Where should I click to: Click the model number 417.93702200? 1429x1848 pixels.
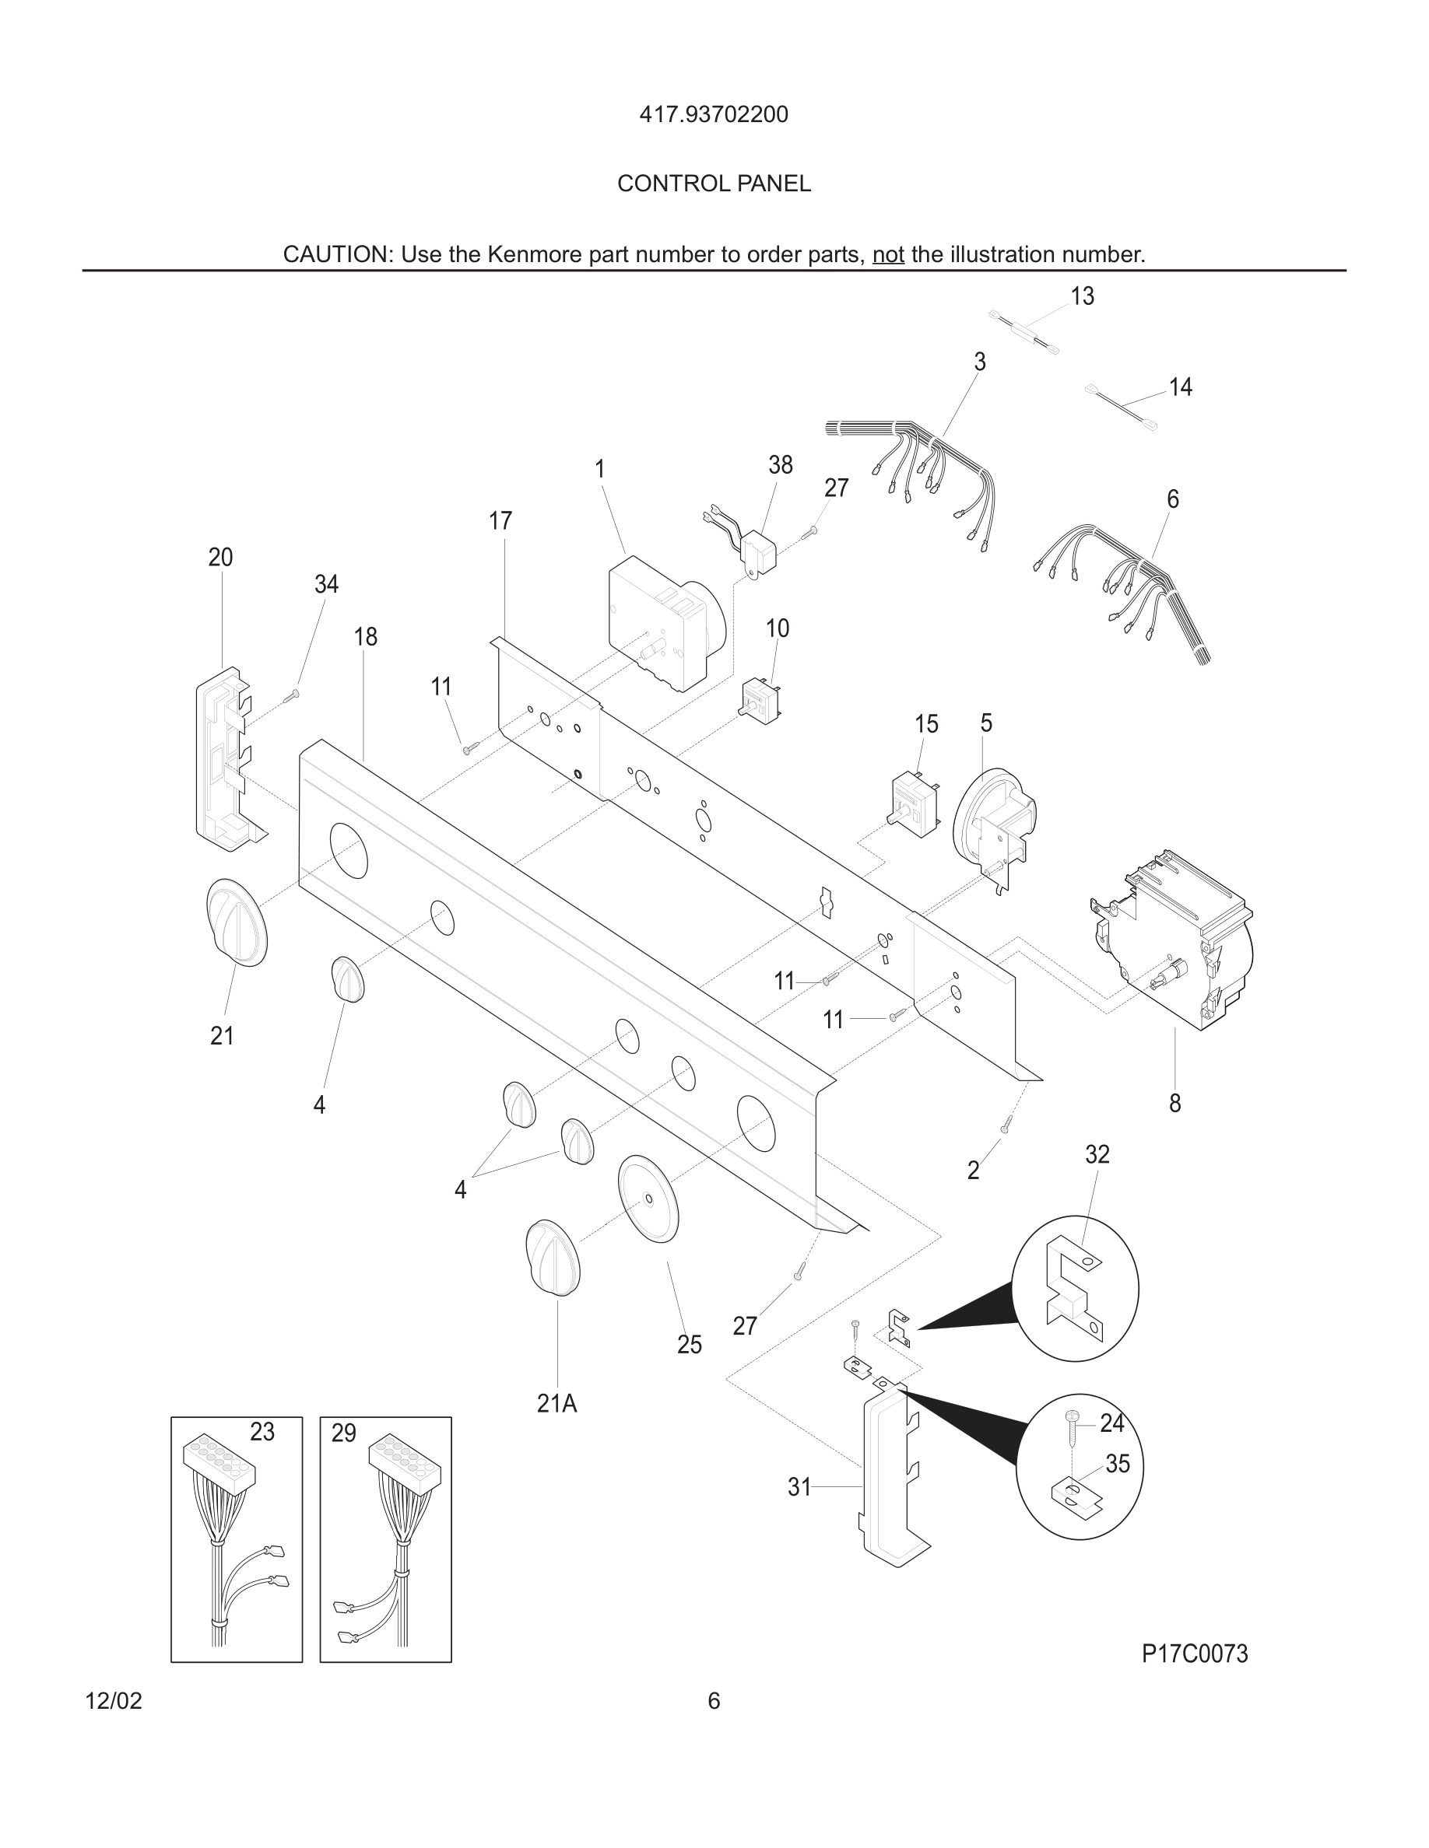(x=714, y=114)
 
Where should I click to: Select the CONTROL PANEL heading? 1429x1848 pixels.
(x=714, y=184)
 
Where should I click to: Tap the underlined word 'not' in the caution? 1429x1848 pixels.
(x=888, y=254)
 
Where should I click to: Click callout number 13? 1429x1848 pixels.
(x=1082, y=296)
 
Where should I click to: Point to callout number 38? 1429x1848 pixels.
(x=780, y=464)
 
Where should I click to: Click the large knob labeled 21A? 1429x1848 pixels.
(x=553, y=1258)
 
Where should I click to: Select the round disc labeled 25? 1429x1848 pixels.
(x=648, y=1199)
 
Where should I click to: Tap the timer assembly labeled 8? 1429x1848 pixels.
(x=1172, y=940)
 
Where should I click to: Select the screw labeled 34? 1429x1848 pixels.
(x=293, y=695)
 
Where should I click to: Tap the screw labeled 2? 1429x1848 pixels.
(x=1006, y=1125)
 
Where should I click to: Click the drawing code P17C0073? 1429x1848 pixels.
(x=1195, y=1654)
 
